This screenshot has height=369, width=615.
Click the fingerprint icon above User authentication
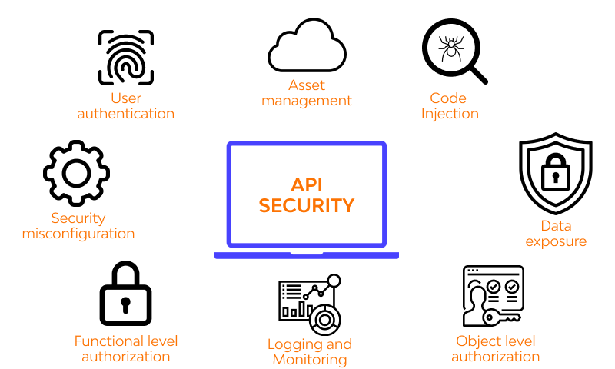pos(126,58)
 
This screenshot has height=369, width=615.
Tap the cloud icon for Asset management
pos(305,47)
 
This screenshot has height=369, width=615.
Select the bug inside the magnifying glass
pos(449,49)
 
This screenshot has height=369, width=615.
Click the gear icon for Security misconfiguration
pos(76,172)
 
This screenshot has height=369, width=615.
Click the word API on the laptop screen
pos(306,185)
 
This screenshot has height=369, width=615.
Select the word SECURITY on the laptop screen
pos(306,206)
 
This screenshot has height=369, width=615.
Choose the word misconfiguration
pos(78,234)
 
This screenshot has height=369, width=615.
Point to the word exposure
pos(556,241)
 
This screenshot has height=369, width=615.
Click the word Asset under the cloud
pos(307,85)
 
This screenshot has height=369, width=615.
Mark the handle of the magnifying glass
pos(477,74)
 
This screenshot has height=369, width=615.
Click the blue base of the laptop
pos(306,255)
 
